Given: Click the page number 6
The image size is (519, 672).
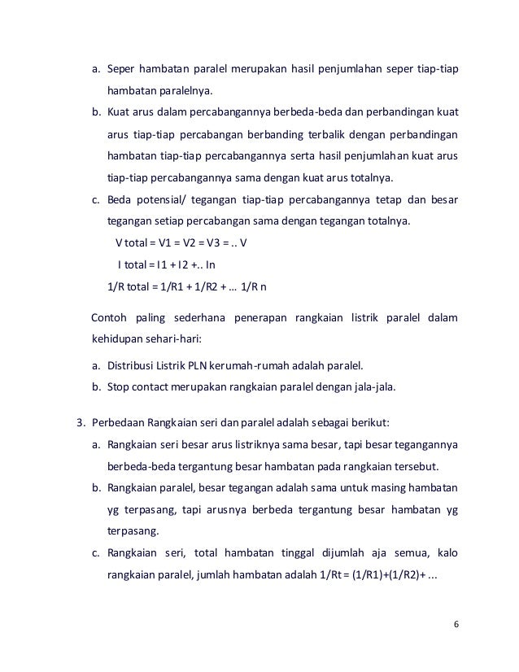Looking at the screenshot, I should point(456,623).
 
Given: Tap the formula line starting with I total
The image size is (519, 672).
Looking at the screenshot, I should point(167,264).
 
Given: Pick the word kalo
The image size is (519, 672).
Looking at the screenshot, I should point(447,554).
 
